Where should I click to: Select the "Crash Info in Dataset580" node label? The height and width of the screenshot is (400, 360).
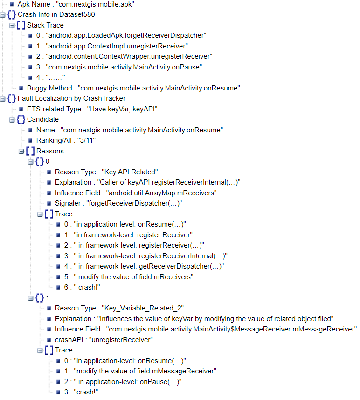pyautogui.click(x=56, y=14)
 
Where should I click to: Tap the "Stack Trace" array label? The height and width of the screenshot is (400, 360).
pyautogui.click(x=45, y=25)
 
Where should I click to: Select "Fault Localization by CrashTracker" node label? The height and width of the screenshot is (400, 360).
pyautogui.click(x=71, y=98)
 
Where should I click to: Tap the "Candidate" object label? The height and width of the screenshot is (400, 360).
pyautogui.click(x=42, y=119)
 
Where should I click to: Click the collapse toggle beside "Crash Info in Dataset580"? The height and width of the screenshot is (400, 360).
pyautogui.click(x=3, y=15)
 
